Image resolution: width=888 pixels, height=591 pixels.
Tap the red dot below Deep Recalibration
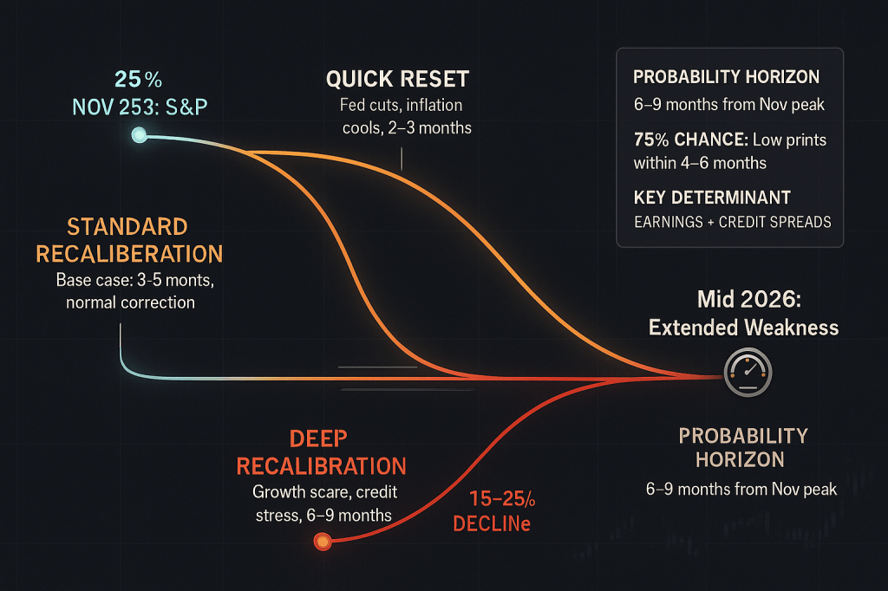click(x=322, y=542)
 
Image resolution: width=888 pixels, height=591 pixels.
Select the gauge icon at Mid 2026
click(x=747, y=374)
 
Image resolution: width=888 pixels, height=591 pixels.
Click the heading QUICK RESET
click(x=397, y=80)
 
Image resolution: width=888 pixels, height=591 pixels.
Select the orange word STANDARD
click(x=127, y=228)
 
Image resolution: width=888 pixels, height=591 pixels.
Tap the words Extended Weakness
click(x=743, y=328)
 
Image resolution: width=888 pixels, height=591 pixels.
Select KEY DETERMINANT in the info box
click(x=711, y=198)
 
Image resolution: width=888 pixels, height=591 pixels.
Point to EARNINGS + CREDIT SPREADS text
click(x=732, y=221)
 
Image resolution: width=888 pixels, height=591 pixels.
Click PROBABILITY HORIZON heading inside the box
click(x=726, y=77)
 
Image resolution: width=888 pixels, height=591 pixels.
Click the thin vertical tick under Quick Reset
click(x=402, y=157)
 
